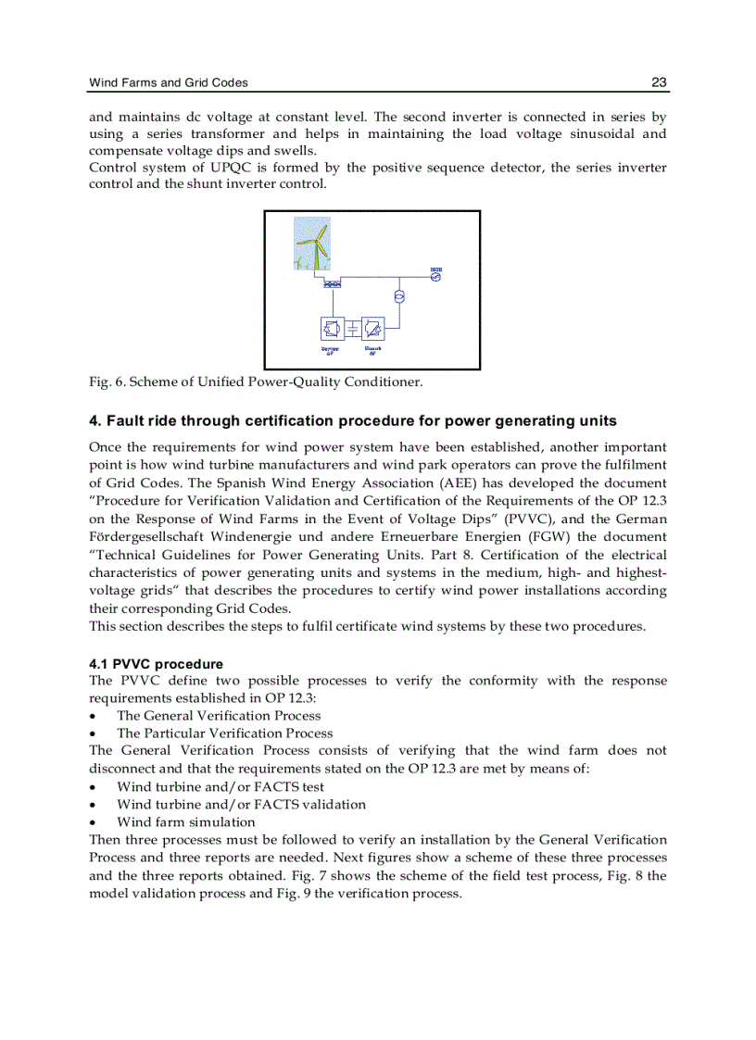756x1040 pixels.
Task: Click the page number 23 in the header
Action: pyautogui.click(x=659, y=82)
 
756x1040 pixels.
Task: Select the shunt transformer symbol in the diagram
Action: pyautogui.click(x=399, y=297)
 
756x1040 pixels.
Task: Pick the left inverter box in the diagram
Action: pyautogui.click(x=332, y=329)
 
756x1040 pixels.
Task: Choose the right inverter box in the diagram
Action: pyautogui.click(x=372, y=329)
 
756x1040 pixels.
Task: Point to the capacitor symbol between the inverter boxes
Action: pyautogui.click(x=352, y=329)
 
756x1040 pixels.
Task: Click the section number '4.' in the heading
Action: pyautogui.click(x=95, y=420)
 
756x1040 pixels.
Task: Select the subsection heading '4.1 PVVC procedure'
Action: pyautogui.click(x=156, y=664)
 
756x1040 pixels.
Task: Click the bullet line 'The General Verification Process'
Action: pyautogui.click(x=219, y=715)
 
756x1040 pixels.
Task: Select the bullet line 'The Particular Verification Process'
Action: pyautogui.click(x=224, y=733)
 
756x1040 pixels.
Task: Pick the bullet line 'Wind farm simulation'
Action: pyautogui.click(x=185, y=821)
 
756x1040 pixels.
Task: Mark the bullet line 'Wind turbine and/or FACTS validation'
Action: pyautogui.click(x=241, y=804)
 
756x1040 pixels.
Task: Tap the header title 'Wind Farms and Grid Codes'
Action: pyautogui.click(x=169, y=82)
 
